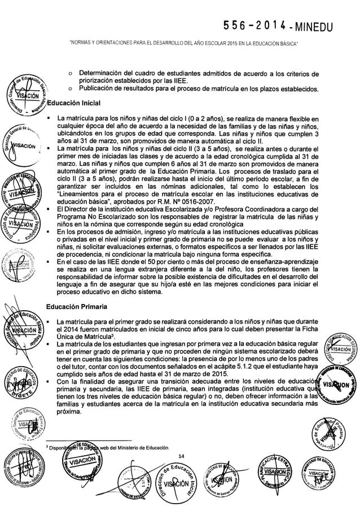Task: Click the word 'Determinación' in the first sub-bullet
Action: [104, 73]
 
